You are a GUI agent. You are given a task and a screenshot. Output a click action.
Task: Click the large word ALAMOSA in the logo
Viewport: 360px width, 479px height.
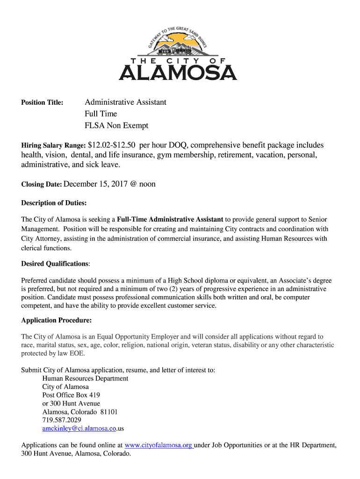pos(178,73)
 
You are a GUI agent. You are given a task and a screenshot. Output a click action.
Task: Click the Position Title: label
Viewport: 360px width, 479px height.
pos(42,102)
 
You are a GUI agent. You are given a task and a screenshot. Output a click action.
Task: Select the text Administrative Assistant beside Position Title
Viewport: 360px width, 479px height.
pos(125,102)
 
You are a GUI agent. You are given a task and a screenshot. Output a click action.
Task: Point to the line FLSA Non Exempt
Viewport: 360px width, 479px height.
pos(116,125)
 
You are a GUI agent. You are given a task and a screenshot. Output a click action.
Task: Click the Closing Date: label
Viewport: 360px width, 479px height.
pos(41,184)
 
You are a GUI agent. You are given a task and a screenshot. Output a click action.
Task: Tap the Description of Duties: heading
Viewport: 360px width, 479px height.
pos(54,203)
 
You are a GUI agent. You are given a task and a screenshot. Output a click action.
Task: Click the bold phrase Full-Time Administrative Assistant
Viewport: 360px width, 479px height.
pos(170,219)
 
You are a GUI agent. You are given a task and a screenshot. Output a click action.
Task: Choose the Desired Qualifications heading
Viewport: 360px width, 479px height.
pos(54,264)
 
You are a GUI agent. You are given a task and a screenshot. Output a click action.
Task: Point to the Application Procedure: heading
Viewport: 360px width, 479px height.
pos(56,320)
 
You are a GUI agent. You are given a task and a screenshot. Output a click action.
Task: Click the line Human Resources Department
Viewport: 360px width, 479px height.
pos(85,378)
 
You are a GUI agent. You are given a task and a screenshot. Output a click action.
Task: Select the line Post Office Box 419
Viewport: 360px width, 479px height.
pos(71,395)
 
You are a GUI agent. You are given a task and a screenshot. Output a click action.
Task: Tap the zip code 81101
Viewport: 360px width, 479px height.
pos(109,412)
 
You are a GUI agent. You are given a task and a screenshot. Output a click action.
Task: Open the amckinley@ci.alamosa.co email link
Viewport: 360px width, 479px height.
pos(79,428)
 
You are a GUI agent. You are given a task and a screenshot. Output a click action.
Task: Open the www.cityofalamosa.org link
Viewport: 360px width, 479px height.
pos(158,445)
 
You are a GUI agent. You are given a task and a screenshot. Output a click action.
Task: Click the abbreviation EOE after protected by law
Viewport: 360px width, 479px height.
pos(76,354)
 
